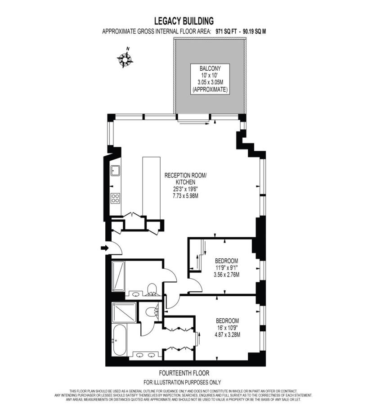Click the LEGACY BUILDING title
(x=184, y=21)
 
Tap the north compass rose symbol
(x=125, y=59)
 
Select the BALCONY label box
(x=210, y=79)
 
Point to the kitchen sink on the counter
(x=115, y=170)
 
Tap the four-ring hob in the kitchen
(x=115, y=198)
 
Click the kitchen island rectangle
(x=151, y=186)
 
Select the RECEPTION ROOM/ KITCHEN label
(x=185, y=179)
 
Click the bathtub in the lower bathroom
(x=119, y=340)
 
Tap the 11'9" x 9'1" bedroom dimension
(x=226, y=267)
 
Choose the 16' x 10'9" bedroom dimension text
(x=227, y=328)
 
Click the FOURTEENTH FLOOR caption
(x=184, y=373)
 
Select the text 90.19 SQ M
(x=254, y=32)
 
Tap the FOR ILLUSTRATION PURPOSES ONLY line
(x=182, y=382)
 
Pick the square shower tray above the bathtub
(x=124, y=312)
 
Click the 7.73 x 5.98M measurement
(x=185, y=196)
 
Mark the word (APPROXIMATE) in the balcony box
(x=210, y=90)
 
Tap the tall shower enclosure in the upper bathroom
(x=118, y=276)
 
